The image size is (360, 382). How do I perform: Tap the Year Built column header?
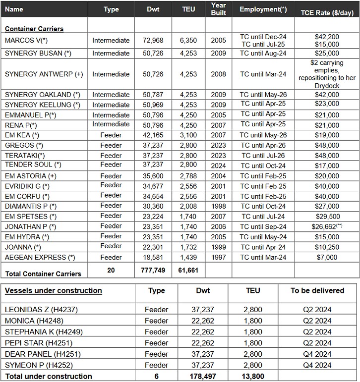point(218,9)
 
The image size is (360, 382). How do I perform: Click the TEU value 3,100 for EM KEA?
point(188,135)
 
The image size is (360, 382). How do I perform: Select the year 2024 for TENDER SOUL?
point(218,165)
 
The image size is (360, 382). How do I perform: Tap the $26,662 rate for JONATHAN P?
point(325,226)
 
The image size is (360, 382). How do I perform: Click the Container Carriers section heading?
point(34,29)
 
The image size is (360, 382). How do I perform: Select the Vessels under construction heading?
point(54,290)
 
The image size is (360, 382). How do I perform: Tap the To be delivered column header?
point(317,290)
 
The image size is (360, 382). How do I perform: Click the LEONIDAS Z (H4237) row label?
point(41,310)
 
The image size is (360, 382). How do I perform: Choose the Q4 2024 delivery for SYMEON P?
point(317,365)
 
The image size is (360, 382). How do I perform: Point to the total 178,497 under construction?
point(203,377)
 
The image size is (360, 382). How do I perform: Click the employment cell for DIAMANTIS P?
point(263,206)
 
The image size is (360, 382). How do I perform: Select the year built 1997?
point(218,257)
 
